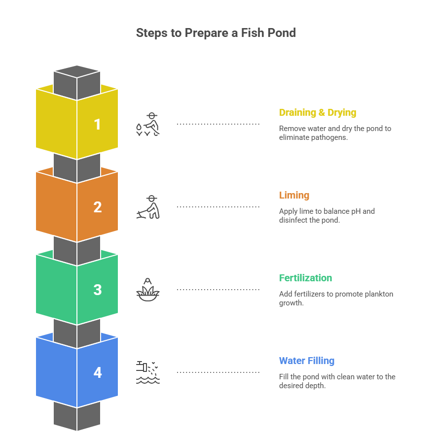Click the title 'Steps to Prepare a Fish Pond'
point(216,33)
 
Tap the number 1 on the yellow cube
point(98,124)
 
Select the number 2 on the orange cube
point(98,207)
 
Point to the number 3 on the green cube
point(98,290)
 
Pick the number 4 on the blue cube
point(98,372)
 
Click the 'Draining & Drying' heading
point(318,113)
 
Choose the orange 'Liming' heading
point(294,196)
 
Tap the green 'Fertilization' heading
point(306,278)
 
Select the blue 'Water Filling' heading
point(307,361)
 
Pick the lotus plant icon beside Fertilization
point(148,290)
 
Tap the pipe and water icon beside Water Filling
point(148,372)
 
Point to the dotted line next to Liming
point(218,207)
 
